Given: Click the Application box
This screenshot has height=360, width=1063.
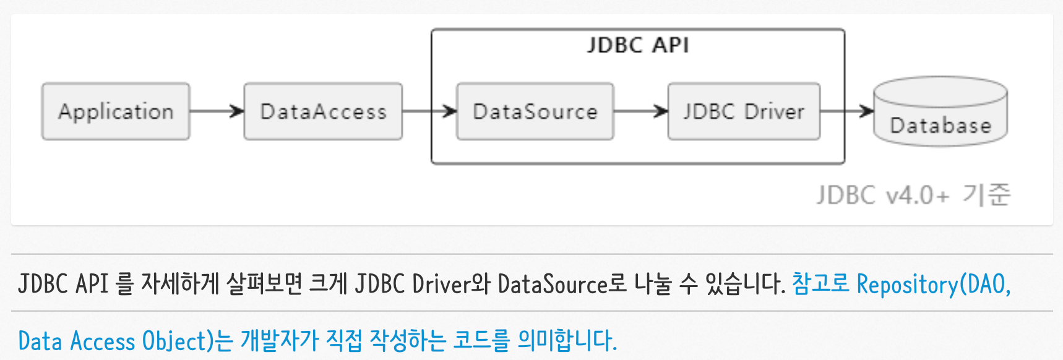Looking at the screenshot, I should (x=116, y=111).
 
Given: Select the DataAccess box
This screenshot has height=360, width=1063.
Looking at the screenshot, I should (x=323, y=111).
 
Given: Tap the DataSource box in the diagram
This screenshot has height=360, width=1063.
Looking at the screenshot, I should (x=535, y=111).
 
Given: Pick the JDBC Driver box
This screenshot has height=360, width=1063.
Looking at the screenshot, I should (x=744, y=111).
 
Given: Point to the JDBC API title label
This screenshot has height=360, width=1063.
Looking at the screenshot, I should (x=638, y=45).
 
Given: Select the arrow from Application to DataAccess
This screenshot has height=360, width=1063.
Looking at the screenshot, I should (x=217, y=111).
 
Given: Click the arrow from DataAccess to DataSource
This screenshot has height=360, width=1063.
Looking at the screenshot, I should (x=429, y=111).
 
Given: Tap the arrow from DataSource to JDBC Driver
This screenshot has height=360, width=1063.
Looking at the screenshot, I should (x=641, y=111).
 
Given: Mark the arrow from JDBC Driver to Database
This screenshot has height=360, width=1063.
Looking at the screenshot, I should (x=847, y=111).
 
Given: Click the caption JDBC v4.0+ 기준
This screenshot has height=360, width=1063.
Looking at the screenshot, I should (x=913, y=195).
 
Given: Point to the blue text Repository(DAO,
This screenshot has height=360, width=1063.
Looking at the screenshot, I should (x=934, y=285).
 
